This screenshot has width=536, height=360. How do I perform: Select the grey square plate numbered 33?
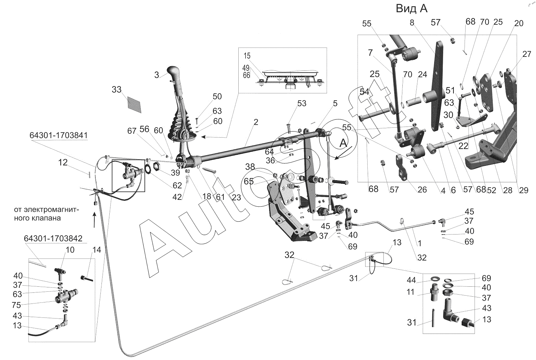(134, 105)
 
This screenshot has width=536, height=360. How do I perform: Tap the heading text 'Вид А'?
(412, 9)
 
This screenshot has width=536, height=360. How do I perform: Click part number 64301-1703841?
(59, 135)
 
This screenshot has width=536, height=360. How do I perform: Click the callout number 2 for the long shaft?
(256, 122)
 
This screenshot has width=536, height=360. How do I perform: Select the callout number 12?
(63, 163)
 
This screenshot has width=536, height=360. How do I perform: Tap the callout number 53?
(302, 103)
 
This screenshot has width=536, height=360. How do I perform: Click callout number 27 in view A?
(527, 54)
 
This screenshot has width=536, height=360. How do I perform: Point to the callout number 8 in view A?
(412, 23)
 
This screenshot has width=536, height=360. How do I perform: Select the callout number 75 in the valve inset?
(16, 305)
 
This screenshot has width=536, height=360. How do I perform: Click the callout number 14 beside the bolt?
(97, 250)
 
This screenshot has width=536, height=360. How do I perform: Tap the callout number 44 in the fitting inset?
(411, 280)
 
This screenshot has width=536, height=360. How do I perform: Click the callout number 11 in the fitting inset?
(410, 292)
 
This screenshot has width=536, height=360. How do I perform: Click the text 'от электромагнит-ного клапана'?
(46, 214)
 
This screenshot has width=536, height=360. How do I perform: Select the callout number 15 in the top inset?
(247, 56)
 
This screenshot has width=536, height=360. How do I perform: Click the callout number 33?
(116, 89)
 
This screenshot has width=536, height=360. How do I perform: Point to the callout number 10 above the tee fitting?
(70, 250)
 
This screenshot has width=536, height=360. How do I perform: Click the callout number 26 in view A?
(422, 189)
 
